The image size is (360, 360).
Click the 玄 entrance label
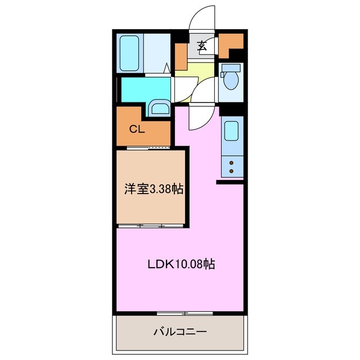[202, 47]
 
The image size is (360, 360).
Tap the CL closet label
[137, 129]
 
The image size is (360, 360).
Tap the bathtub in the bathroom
[130, 53]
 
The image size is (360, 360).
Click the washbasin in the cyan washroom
[160, 108]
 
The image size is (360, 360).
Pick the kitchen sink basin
[231, 131]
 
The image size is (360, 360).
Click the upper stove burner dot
[231, 162]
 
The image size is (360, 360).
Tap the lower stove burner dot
[231, 169]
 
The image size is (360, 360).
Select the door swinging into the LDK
[198, 118]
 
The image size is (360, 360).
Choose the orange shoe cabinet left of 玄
[181, 56]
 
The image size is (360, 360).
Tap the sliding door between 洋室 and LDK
[151, 226]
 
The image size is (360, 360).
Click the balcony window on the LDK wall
[180, 312]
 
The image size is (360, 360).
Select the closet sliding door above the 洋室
[149, 148]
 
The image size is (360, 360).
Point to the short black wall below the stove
[230, 182]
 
